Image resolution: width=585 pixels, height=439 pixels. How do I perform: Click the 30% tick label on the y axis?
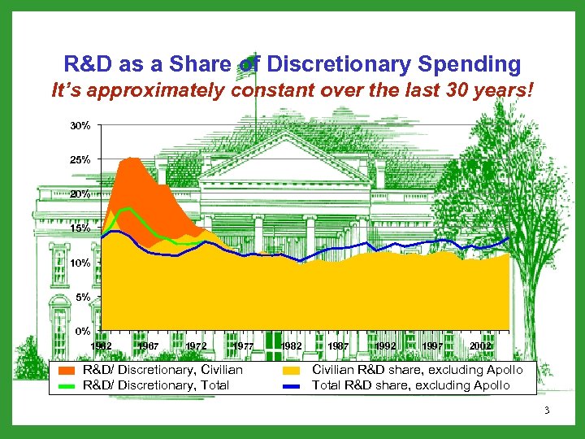(x=79, y=126)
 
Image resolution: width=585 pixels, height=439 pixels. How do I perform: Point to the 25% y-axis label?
(x=79, y=159)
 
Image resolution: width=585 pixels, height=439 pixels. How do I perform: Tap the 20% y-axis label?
(x=79, y=194)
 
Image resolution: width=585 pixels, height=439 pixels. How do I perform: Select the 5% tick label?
(x=82, y=298)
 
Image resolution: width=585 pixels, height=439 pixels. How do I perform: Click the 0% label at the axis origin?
(x=82, y=331)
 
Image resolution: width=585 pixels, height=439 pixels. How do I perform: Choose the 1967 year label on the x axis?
(x=149, y=346)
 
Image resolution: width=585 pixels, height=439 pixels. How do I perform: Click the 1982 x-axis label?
(x=290, y=346)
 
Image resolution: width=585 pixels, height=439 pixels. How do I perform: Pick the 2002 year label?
(x=480, y=346)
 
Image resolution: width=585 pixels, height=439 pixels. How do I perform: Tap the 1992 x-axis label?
(x=386, y=346)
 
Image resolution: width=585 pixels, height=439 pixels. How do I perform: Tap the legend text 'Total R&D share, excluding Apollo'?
(x=411, y=385)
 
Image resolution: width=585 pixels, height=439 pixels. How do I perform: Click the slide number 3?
(x=547, y=411)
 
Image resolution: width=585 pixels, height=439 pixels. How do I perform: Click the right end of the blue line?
(x=509, y=237)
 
